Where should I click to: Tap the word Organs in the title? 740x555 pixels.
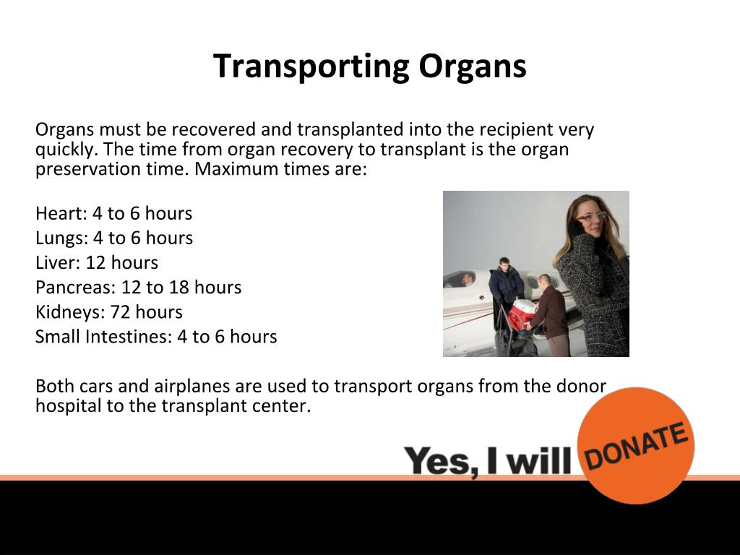(x=473, y=66)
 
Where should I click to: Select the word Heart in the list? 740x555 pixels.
(x=58, y=213)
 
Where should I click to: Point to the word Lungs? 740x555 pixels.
(x=59, y=238)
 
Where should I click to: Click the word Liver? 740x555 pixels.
(x=56, y=262)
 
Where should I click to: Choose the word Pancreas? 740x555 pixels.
(x=73, y=287)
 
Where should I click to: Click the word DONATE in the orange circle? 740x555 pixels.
(x=635, y=445)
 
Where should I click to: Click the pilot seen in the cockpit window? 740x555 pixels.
(x=468, y=279)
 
